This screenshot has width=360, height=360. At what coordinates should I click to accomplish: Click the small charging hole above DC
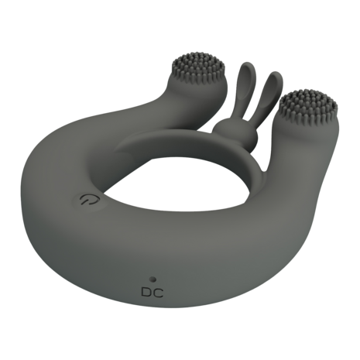(x=153, y=279)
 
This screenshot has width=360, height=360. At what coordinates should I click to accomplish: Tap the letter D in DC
(x=146, y=293)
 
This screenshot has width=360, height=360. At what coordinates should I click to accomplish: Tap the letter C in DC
(x=159, y=293)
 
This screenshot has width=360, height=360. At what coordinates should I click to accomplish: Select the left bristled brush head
(x=201, y=67)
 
